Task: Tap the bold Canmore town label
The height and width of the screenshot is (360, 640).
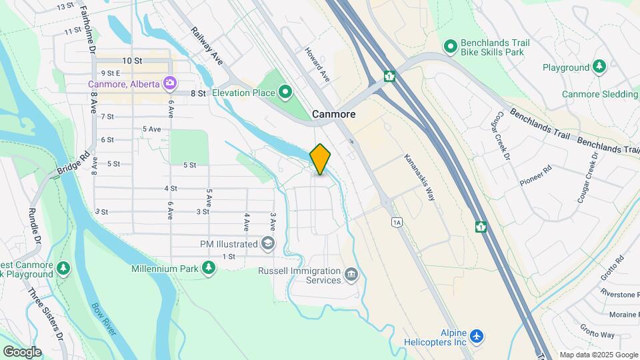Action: pyautogui.click(x=333, y=115)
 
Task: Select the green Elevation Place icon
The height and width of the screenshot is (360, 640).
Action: pyautogui.click(x=286, y=92)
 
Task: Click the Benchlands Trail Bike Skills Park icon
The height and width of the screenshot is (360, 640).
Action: pyautogui.click(x=451, y=47)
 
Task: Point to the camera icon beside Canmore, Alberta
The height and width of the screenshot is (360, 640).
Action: pyautogui.click(x=170, y=83)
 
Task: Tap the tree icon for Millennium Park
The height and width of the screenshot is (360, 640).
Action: pyautogui.click(x=209, y=268)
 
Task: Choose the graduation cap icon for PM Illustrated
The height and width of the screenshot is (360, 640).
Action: pyautogui.click(x=268, y=244)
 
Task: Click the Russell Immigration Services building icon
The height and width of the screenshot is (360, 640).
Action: pyautogui.click(x=351, y=275)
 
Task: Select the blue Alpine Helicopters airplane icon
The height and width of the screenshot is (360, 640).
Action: pyautogui.click(x=476, y=336)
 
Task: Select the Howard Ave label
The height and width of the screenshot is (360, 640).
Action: pyautogui.click(x=318, y=64)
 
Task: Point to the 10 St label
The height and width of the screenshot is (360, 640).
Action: pyautogui.click(x=132, y=61)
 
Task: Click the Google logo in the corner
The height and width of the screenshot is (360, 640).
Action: pyautogui.click(x=22, y=351)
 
